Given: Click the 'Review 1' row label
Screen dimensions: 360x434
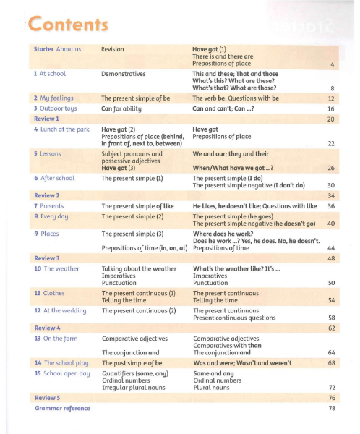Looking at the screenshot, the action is point(46,118).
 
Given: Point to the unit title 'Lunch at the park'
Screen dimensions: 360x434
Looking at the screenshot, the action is point(63,129).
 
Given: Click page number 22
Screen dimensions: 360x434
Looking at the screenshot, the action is point(331,144).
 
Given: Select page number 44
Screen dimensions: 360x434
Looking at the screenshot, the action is point(331,247).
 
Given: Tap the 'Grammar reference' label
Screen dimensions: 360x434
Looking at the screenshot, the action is point(62,409).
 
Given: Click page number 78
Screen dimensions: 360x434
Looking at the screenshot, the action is point(332,409).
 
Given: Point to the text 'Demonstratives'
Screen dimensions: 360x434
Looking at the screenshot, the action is point(124,74).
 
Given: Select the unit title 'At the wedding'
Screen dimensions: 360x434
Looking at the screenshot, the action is point(65,310).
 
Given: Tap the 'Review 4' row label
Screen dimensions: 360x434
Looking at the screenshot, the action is point(47,327).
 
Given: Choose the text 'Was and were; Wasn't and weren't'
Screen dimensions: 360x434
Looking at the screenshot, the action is point(242,362).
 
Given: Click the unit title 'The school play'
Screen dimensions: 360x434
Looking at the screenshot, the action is point(66,362).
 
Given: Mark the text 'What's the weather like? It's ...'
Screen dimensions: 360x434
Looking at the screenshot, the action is point(236,268).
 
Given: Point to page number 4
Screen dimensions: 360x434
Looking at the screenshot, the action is point(332,64).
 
